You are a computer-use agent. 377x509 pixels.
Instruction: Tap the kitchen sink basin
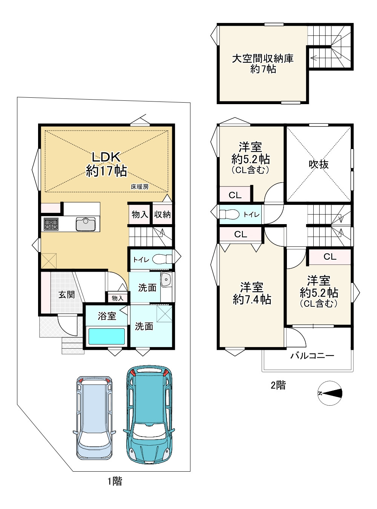point(86,224)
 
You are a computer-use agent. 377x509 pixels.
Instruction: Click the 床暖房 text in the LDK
point(139,187)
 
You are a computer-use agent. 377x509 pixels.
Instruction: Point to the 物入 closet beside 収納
point(139,214)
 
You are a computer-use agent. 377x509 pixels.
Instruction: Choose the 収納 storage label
point(162,214)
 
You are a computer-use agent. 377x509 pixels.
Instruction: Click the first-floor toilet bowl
point(162,259)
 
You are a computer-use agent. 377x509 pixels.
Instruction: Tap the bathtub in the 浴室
point(107,336)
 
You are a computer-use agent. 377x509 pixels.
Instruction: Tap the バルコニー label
point(312,356)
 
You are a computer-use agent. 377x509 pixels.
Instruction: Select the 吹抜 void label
point(319,164)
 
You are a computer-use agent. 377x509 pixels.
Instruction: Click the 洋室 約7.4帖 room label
point(252,294)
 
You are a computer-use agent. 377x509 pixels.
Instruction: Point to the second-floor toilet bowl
point(229,214)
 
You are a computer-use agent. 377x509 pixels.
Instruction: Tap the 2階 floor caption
point(278,385)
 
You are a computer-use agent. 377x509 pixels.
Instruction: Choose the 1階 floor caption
point(115,481)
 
